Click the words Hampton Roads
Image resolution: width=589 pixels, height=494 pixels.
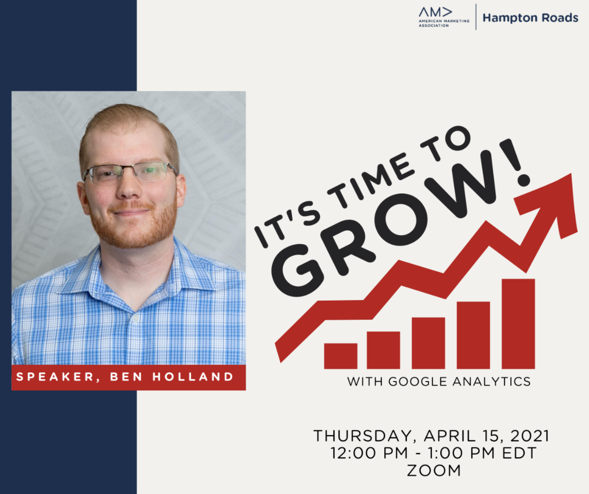(x=530, y=18)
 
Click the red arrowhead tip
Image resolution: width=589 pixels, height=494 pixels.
(x=571, y=174)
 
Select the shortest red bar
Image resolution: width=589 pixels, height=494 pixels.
(x=341, y=356)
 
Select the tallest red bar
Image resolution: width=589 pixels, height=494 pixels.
(x=518, y=324)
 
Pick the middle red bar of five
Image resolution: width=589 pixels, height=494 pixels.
(x=428, y=343)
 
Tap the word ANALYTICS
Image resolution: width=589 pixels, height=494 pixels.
(x=492, y=382)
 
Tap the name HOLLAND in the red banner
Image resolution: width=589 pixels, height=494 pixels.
(x=193, y=377)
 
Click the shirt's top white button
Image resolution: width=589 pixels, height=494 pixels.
(x=136, y=318)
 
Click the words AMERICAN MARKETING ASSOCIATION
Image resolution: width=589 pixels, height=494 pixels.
(x=444, y=23)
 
